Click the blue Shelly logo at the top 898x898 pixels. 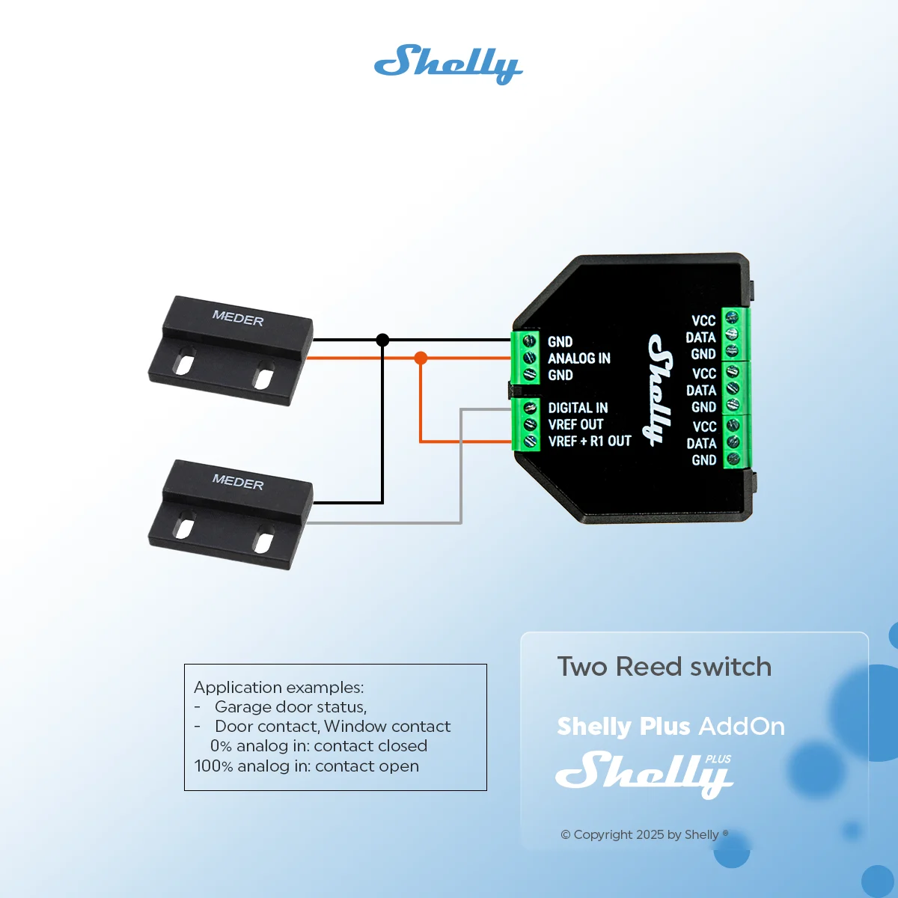point(448,64)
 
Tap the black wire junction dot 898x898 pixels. point(382,340)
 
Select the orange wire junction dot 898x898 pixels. point(421,358)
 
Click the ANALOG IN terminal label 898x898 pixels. point(578,358)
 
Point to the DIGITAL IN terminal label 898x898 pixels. point(578,408)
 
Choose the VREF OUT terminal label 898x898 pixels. point(575,424)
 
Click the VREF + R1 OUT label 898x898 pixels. point(590,441)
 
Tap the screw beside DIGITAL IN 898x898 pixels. point(530,409)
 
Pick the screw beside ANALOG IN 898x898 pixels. point(529,358)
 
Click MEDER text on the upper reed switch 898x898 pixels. point(238,318)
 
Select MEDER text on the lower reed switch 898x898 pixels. point(238,482)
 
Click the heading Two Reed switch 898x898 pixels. point(664,667)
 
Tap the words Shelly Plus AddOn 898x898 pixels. point(671,727)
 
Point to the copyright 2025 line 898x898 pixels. point(644,834)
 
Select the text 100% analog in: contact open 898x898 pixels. point(307,766)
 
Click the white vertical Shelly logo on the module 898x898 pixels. point(661,390)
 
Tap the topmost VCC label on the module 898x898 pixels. point(703,320)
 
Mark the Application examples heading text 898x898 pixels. point(278,688)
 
